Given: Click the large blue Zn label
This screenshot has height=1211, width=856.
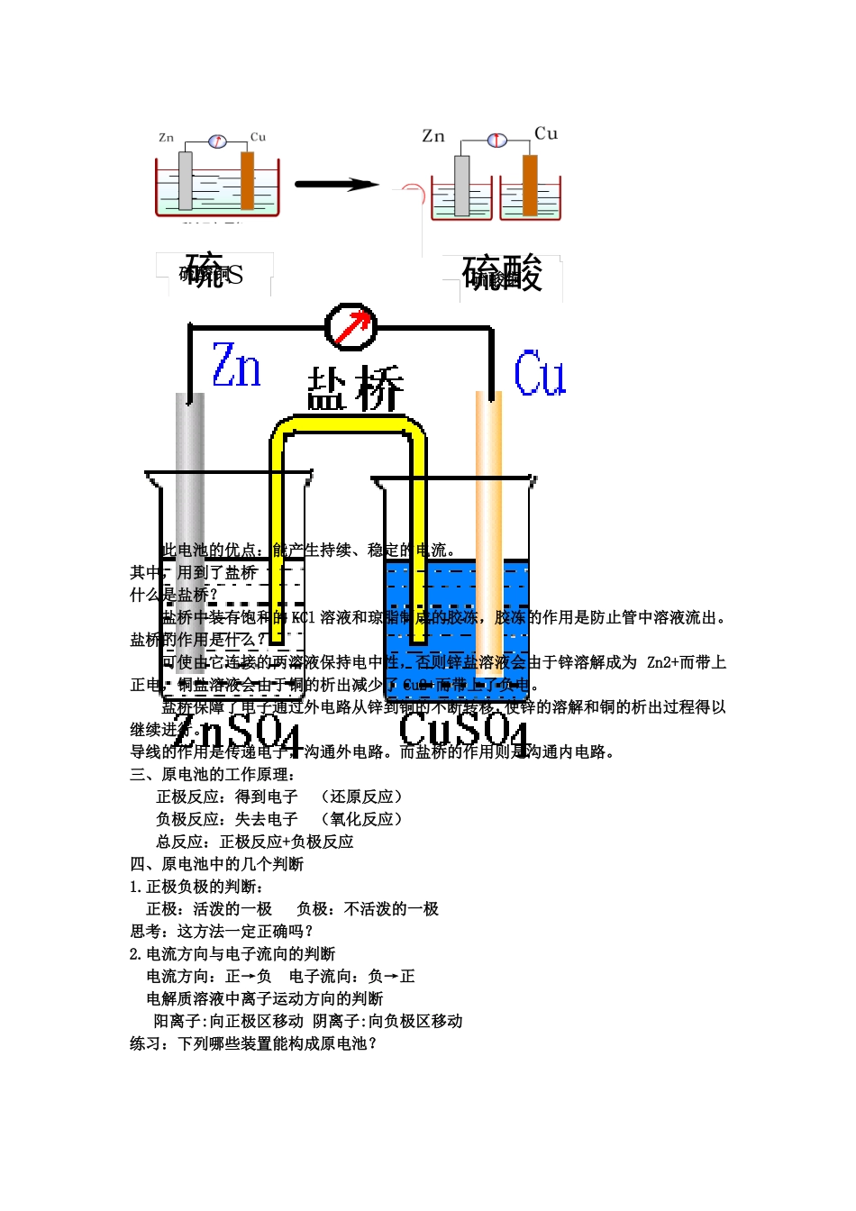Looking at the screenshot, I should coord(236,365).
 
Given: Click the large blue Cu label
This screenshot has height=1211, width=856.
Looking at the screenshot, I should coord(540,374).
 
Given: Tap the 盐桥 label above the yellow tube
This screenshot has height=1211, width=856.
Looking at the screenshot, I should coord(355,388).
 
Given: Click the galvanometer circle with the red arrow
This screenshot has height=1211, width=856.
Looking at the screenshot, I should coord(351,326).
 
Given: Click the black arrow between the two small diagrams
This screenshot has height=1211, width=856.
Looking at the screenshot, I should coord(337,185).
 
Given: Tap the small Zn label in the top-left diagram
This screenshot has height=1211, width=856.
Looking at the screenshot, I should coord(166,138).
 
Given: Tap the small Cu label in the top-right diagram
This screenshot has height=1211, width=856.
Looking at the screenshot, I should coord(546,133).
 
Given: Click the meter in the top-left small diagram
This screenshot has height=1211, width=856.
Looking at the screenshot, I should coord(216,141).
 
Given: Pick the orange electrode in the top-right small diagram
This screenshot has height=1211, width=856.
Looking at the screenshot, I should coord(530,185).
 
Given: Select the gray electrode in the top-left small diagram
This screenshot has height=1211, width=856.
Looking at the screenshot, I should coord(186,180).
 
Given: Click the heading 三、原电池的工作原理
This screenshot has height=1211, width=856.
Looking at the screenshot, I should coord(214,774).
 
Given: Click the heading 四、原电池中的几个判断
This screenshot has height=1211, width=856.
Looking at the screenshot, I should coord(217,864).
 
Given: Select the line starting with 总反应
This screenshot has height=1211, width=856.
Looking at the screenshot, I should coord(255,842).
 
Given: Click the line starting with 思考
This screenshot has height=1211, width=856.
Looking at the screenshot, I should coord(222,931).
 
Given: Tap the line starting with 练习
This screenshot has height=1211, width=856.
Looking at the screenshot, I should coord(253,1043).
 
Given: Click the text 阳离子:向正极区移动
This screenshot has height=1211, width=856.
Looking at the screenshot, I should coord(228,1021).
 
